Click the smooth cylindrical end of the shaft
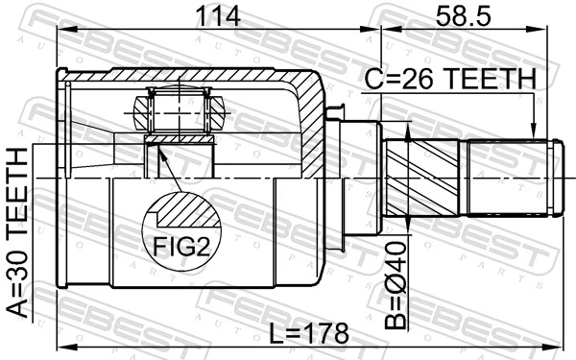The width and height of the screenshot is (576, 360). tap(509, 177)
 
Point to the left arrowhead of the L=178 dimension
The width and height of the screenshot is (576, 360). tap(63, 347)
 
